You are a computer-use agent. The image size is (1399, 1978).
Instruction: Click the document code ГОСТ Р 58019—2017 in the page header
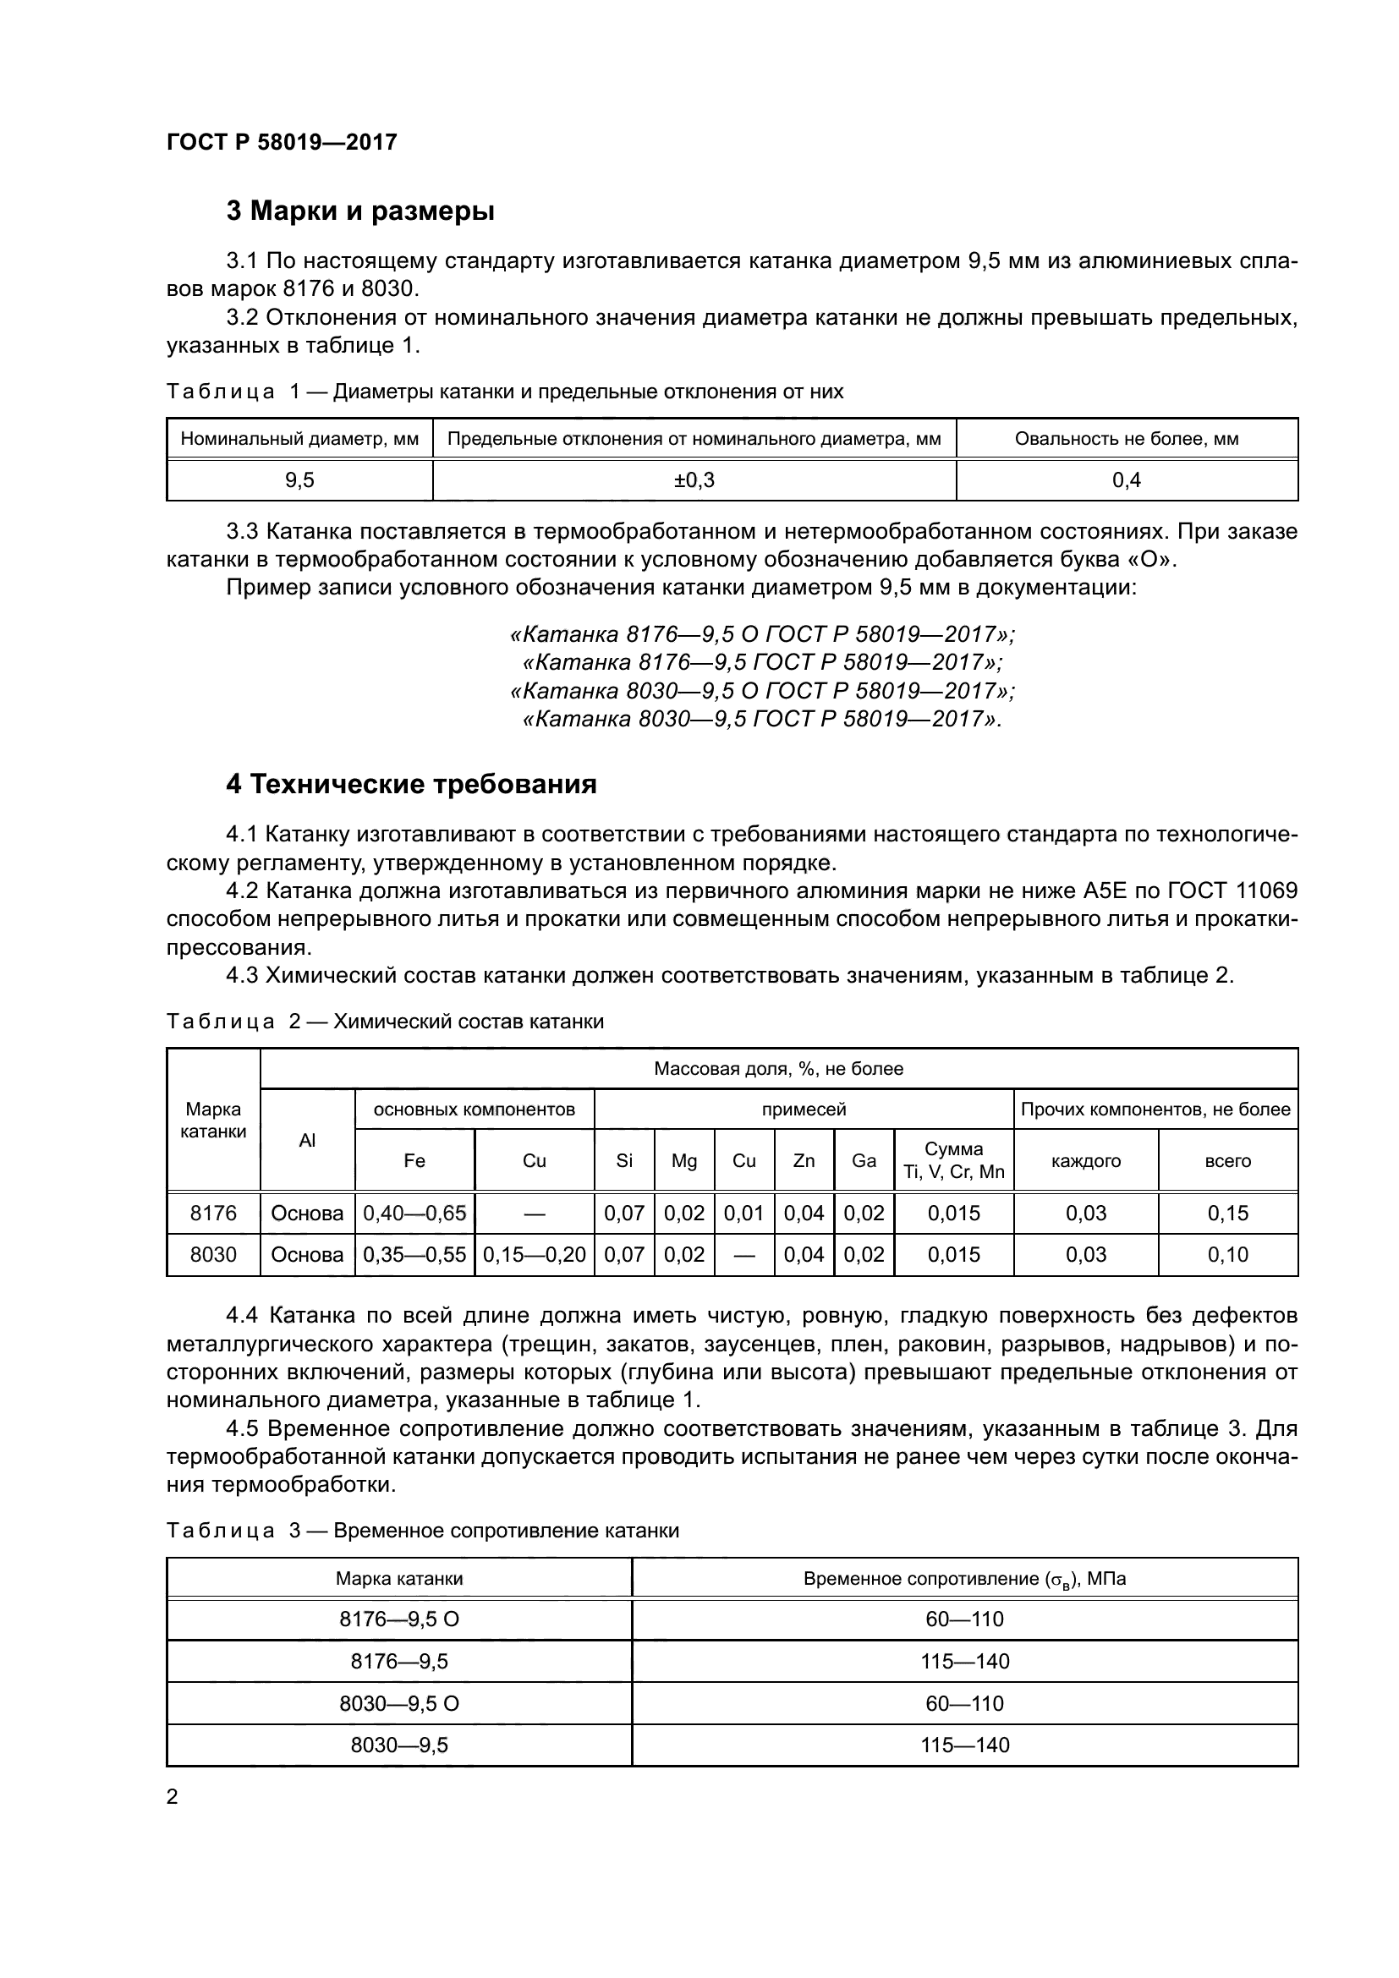[282, 142]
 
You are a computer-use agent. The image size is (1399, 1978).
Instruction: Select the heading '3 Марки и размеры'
[360, 211]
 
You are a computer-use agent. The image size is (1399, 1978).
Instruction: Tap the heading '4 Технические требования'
[411, 784]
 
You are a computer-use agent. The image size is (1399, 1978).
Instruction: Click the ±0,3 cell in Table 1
[694, 480]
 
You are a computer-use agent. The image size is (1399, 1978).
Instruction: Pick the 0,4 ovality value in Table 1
[1126, 480]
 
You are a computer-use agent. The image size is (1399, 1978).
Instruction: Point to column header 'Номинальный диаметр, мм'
[299, 440]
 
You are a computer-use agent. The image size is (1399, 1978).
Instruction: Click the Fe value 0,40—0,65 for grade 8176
[414, 1213]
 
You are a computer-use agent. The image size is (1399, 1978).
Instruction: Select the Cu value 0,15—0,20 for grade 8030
[534, 1254]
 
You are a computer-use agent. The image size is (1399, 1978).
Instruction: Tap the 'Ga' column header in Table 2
[864, 1160]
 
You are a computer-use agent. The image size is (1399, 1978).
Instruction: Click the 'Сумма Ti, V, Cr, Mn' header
[953, 1160]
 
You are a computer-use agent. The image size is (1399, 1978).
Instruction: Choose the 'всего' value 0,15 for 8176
[1227, 1213]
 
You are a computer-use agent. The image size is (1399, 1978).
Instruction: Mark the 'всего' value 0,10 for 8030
[1227, 1254]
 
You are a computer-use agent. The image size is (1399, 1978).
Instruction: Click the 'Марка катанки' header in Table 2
[213, 1120]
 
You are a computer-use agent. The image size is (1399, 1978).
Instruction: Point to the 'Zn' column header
[804, 1160]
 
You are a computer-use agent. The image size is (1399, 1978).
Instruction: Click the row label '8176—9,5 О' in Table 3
[399, 1619]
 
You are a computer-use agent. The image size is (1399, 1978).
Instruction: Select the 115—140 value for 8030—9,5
[964, 1745]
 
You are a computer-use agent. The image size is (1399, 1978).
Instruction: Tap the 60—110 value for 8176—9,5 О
[964, 1619]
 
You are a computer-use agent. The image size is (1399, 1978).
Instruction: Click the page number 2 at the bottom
[173, 1796]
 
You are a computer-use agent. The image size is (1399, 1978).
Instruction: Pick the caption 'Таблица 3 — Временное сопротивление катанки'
[422, 1530]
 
